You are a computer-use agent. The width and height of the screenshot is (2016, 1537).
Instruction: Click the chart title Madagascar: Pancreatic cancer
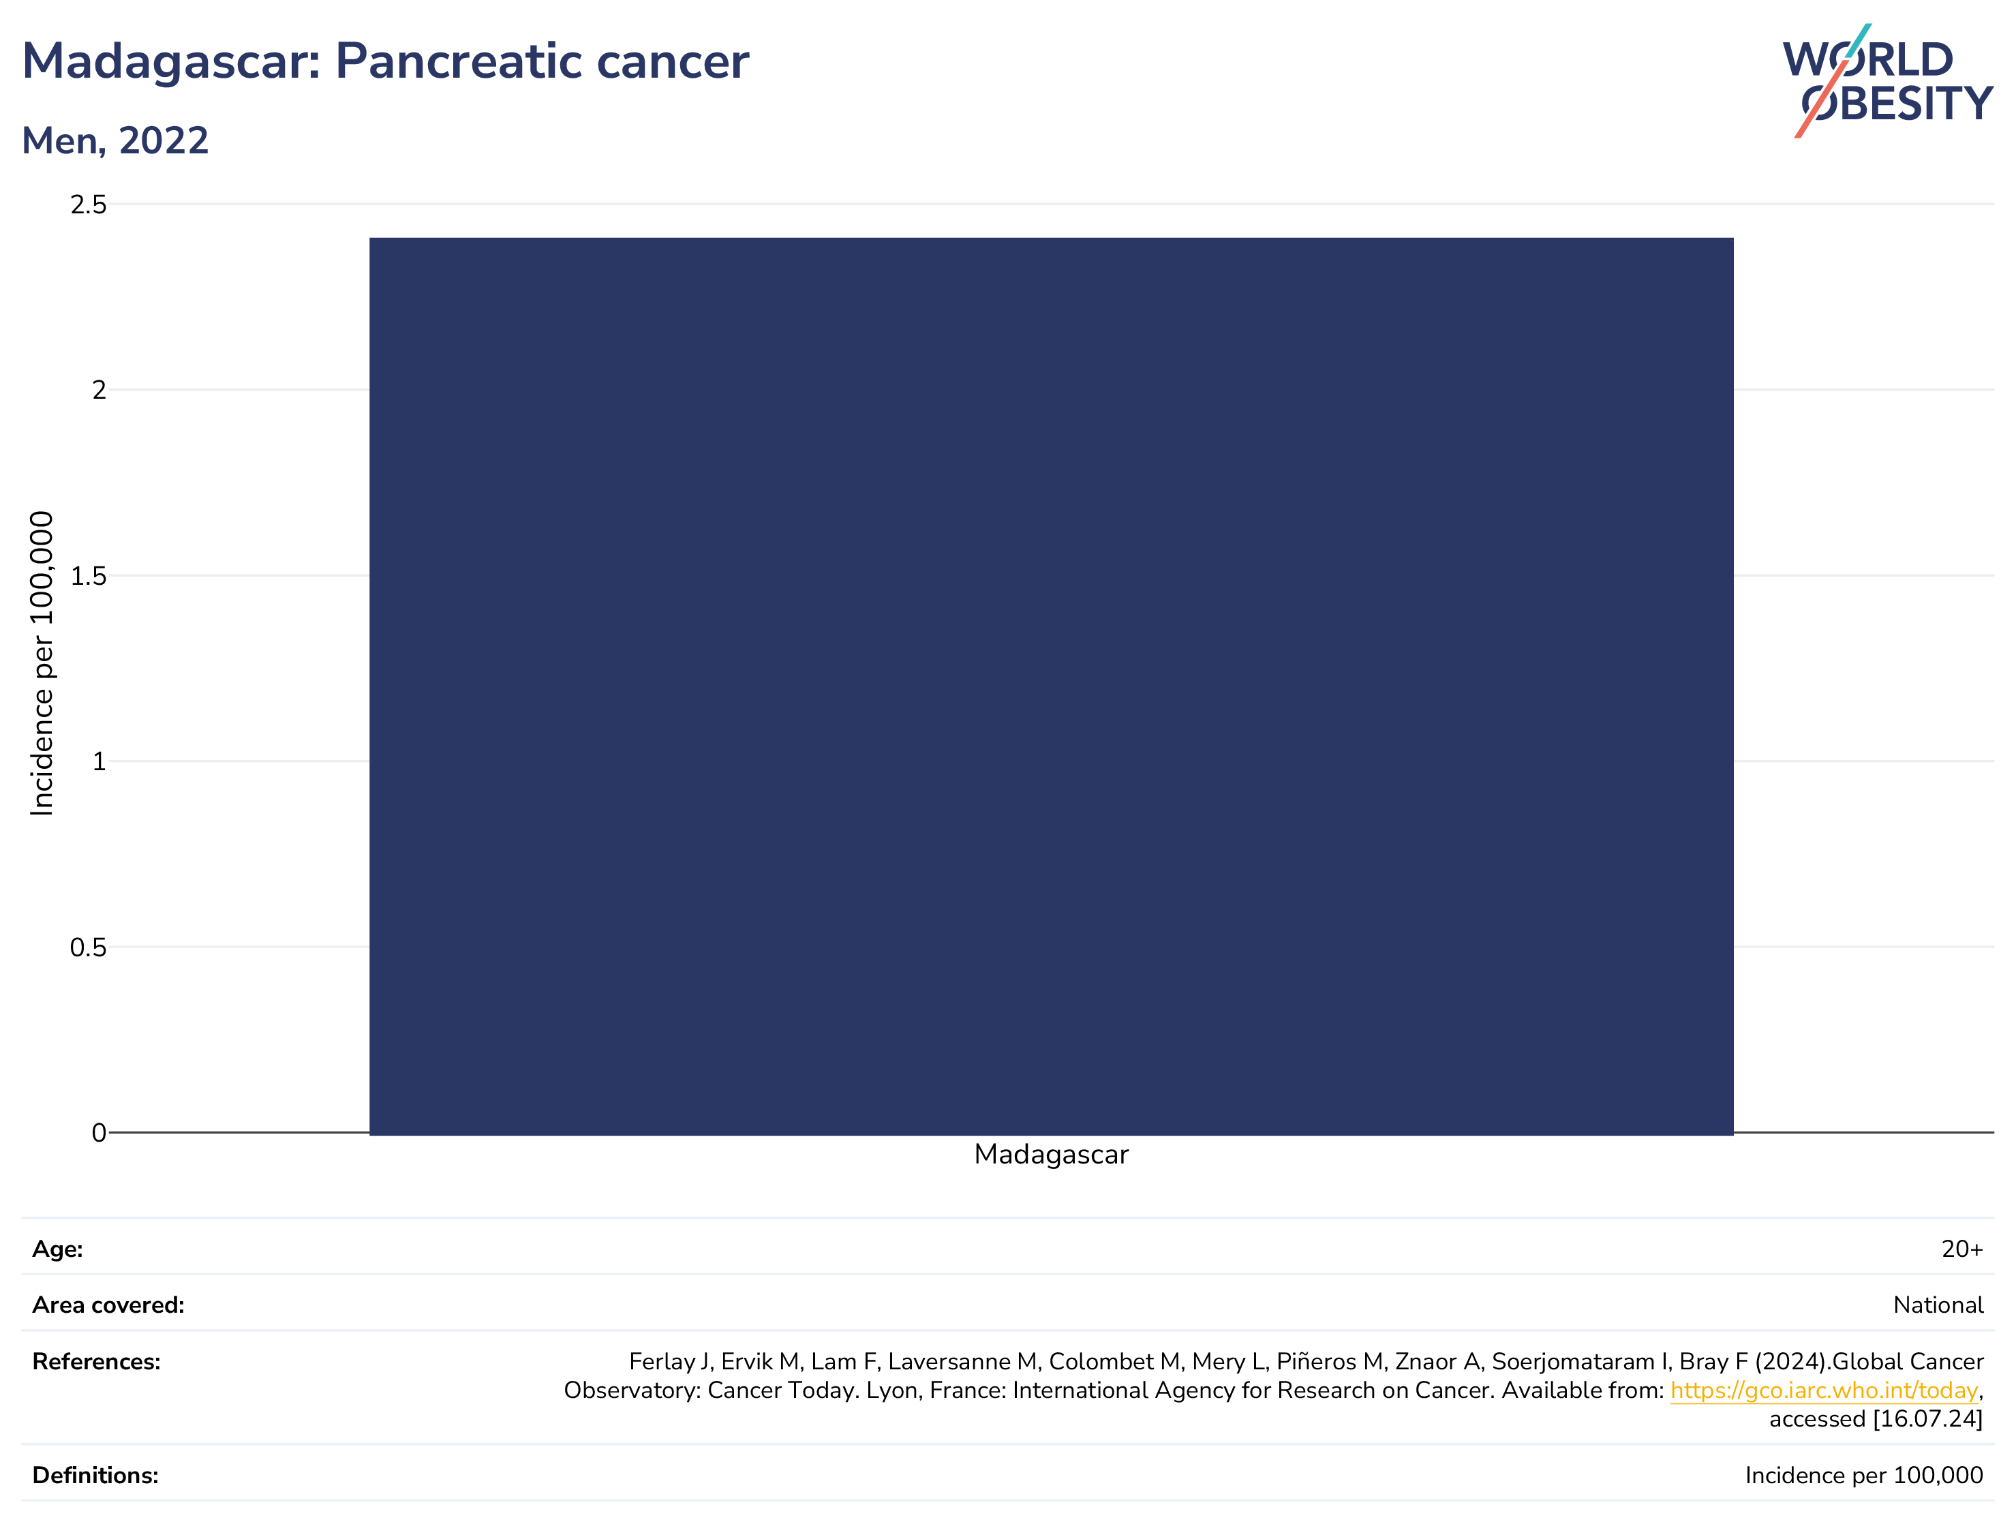click(x=385, y=62)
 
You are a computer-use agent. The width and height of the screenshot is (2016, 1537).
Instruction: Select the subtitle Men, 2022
click(x=115, y=141)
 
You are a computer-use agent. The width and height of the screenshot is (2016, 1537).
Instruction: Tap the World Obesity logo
click(x=1887, y=81)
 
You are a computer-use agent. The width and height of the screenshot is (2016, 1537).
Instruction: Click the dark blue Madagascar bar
click(x=1051, y=686)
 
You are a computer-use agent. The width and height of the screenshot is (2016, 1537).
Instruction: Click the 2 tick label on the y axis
click(x=99, y=391)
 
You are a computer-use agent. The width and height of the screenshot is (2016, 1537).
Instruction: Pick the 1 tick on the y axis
click(x=99, y=762)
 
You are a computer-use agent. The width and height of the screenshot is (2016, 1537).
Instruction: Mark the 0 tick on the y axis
click(x=99, y=1133)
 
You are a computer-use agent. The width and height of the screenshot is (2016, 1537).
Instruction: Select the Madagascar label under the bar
click(x=1051, y=1155)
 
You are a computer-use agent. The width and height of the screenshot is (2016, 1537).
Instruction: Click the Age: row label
click(x=58, y=1250)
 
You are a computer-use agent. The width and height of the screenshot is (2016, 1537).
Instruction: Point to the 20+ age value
click(x=1962, y=1250)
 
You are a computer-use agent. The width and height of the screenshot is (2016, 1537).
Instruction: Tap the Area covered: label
click(x=108, y=1305)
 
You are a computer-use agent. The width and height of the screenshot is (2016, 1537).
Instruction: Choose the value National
click(x=1938, y=1305)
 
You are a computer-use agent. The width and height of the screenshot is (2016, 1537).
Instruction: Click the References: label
click(x=96, y=1363)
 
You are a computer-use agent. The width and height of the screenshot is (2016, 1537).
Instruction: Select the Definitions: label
click(x=95, y=1476)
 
